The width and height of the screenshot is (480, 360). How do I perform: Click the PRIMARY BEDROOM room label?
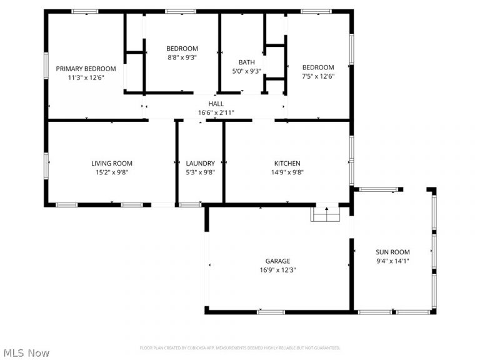86,68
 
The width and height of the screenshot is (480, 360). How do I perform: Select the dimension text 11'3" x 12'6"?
86,78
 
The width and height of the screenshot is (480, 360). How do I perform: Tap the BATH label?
246,62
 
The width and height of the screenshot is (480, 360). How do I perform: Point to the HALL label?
216,104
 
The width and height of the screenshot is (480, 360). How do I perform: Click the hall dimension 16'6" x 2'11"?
216,113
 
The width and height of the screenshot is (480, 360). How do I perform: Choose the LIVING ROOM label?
112,163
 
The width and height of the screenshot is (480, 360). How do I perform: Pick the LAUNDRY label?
200,163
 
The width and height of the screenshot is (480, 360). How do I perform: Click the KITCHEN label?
287,163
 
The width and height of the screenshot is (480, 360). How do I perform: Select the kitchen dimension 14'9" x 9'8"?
287,173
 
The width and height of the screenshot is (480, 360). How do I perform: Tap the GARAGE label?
277,261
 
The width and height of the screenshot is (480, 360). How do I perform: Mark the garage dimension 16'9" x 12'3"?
277,271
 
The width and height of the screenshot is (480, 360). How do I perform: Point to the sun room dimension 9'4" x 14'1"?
392,261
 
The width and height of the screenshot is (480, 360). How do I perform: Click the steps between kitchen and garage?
326,214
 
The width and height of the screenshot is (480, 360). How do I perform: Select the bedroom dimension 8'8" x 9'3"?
182,58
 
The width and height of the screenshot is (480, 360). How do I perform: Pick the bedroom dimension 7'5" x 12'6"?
318,77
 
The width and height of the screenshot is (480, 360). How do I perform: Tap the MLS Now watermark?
25,353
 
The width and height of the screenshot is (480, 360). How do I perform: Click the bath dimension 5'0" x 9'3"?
246,71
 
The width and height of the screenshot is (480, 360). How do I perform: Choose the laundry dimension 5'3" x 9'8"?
200,173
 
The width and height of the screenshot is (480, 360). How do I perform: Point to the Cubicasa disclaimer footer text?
239,347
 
